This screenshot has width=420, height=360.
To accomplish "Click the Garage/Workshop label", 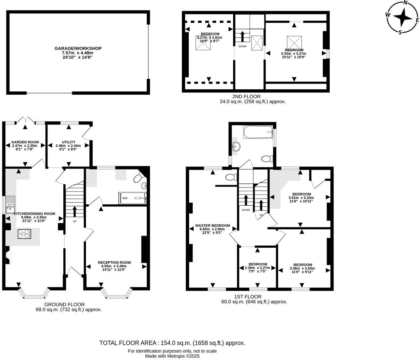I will pos(78,48).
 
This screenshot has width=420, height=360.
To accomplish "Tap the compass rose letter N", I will pos(405,2).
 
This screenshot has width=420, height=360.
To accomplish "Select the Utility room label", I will pos(68,142).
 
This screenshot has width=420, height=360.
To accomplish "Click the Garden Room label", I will pos(25,142).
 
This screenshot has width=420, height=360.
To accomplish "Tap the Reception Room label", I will pos(114,262).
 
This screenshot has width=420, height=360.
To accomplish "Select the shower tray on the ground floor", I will pos(132,198).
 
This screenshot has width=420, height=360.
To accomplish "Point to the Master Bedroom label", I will pos(213,226).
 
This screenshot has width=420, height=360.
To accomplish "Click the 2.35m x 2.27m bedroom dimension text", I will pos(257,268).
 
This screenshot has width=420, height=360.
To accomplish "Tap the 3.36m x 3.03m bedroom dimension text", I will pos(302,269).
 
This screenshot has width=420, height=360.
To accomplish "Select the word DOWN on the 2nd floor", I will pos(243,46).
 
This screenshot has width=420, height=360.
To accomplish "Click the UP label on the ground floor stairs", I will pos(75,222).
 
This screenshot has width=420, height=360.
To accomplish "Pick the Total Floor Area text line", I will pos(172,343).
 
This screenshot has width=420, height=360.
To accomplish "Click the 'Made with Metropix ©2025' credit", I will pos(172,356).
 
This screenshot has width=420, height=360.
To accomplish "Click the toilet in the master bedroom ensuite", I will pos(231,177).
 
